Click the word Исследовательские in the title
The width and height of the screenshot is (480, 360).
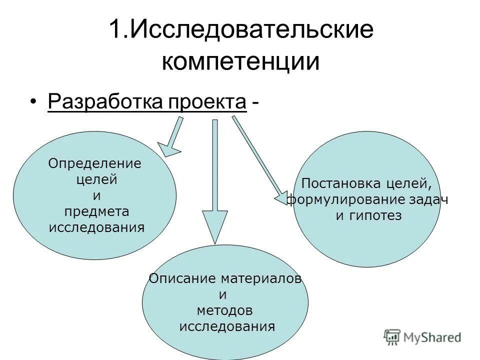tap(252, 30)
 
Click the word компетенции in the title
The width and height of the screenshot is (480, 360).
tap(240, 62)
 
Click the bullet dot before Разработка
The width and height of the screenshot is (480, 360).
tap(33, 102)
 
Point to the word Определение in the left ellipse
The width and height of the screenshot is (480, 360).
tap(94, 163)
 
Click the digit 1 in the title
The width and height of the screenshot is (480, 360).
tap(114, 30)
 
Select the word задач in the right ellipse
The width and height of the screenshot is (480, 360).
tap(428, 199)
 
